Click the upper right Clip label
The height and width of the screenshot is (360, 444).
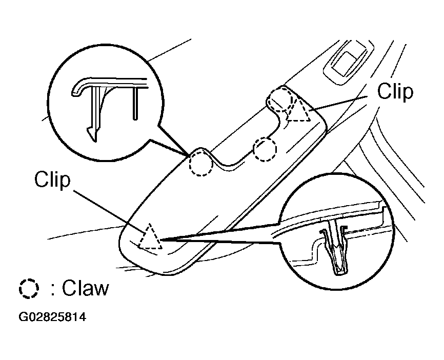click(x=395, y=91)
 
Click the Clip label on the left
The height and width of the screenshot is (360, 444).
click(x=52, y=179)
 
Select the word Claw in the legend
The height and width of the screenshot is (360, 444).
click(x=85, y=288)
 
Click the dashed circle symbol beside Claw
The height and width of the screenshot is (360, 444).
click(x=29, y=289)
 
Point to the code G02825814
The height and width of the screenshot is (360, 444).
click(x=52, y=317)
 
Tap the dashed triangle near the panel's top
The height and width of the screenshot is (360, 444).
click(x=299, y=111)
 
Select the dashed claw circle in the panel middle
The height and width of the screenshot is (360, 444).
click(x=265, y=149)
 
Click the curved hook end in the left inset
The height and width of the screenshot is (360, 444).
click(x=76, y=88)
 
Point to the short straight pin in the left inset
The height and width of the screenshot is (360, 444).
click(x=136, y=104)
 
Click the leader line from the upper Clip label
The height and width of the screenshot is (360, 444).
click(x=338, y=103)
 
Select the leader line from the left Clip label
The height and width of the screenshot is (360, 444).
click(x=110, y=209)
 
